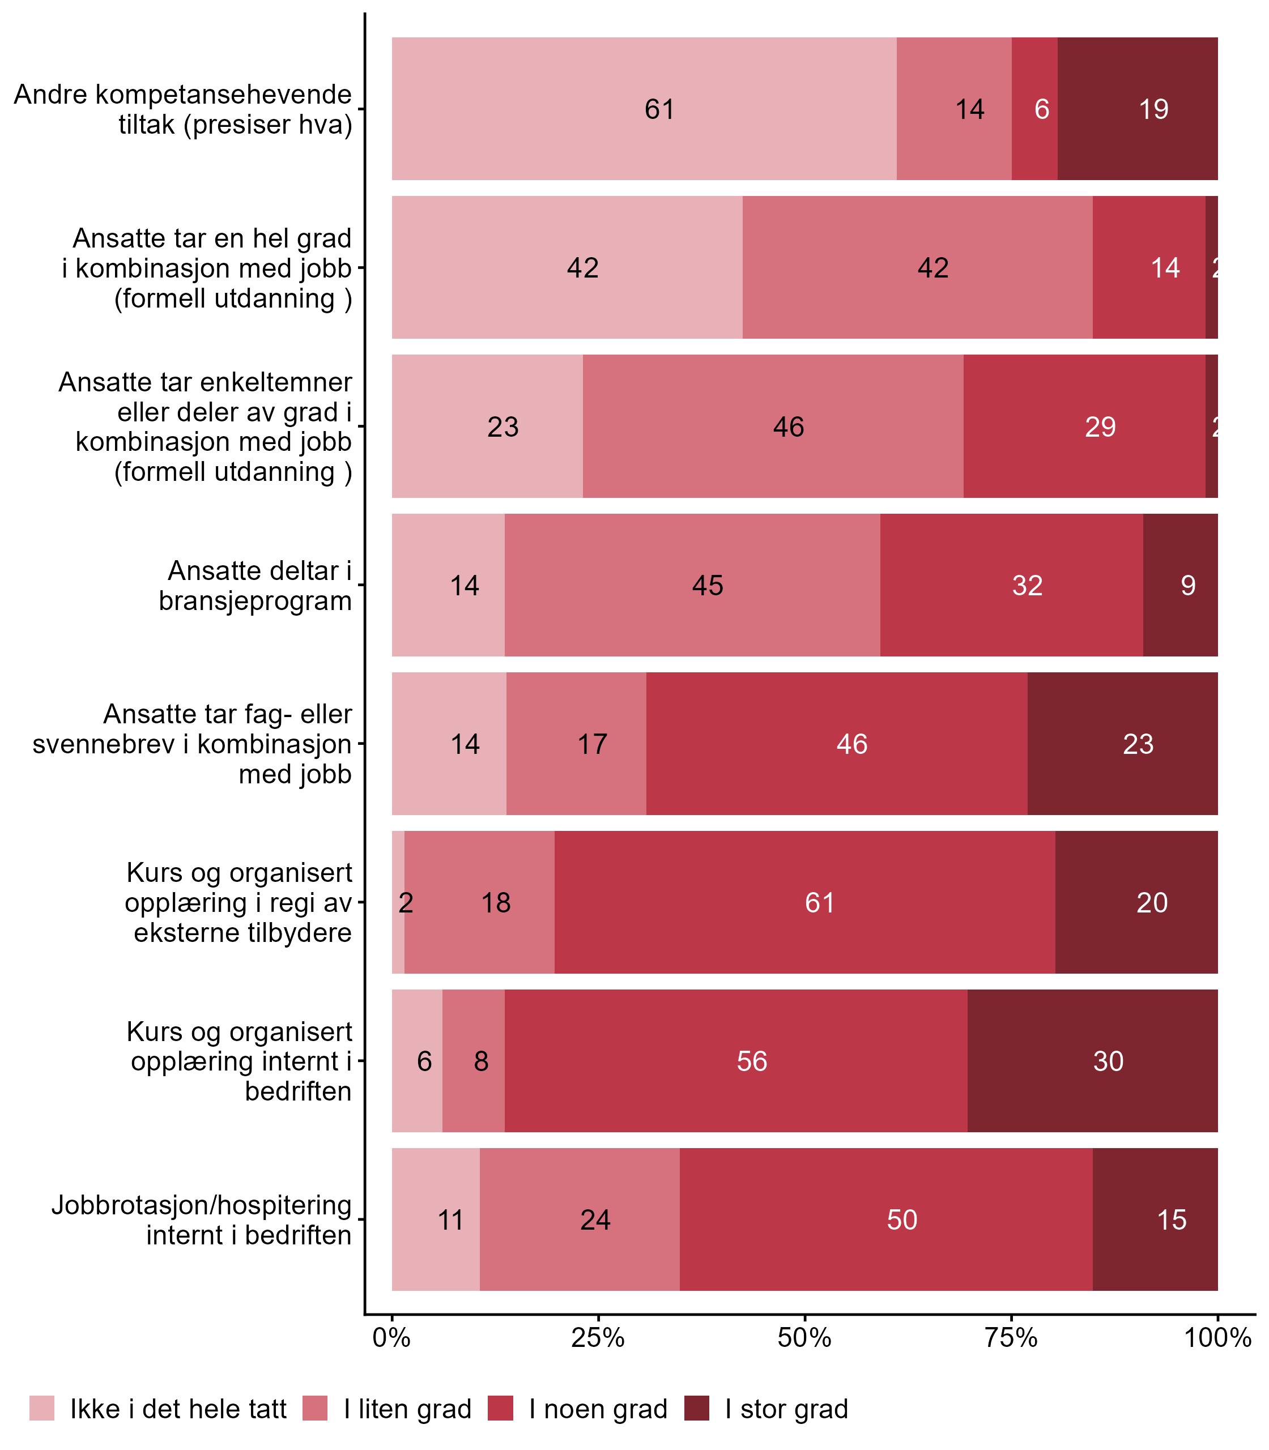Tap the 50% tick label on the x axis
click(804, 1338)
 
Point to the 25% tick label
click(598, 1338)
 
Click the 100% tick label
click(1217, 1338)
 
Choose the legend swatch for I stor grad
click(697, 1408)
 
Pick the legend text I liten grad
click(407, 1409)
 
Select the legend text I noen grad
click(598, 1409)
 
